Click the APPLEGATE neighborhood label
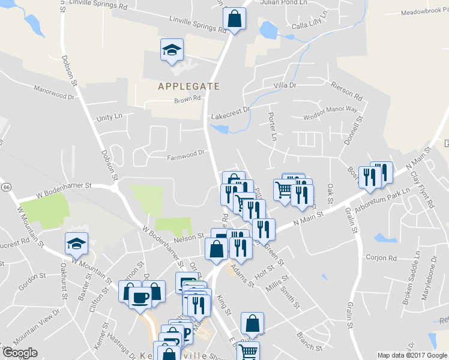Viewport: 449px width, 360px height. coord(188,86)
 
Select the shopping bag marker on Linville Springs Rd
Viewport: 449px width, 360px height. coord(234,18)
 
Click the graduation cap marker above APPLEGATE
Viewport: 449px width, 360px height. coord(172,50)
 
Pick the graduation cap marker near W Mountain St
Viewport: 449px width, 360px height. coord(76,244)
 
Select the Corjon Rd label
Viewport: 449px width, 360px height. coord(381,258)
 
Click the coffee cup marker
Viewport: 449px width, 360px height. coord(140,298)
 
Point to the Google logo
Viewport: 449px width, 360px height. coord(19,353)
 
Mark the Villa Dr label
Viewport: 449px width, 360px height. coord(285,86)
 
